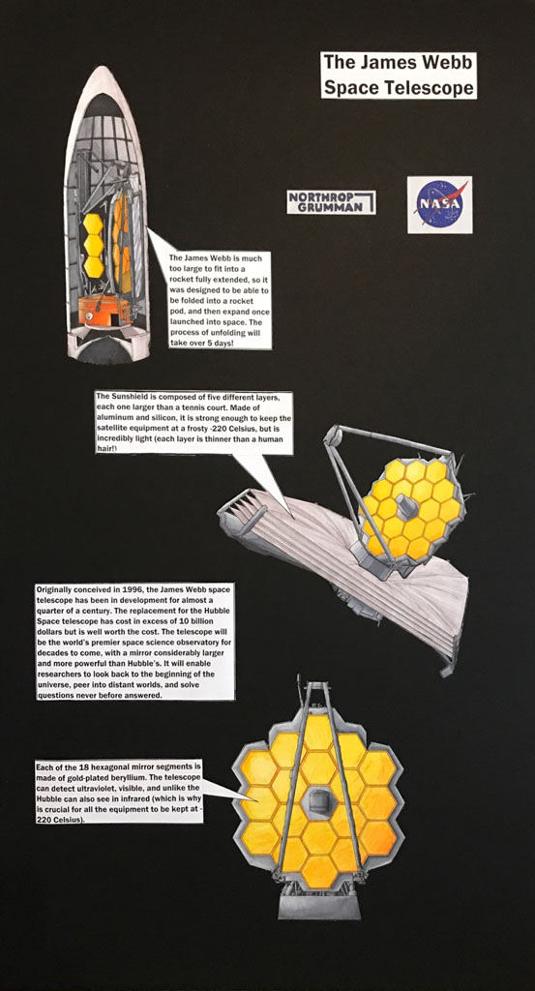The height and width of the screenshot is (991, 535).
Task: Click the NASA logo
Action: point(439,205)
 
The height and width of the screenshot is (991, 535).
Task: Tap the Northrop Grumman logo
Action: point(331,202)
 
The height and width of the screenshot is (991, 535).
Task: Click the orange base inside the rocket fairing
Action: point(104,311)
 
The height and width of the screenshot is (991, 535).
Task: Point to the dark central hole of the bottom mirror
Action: point(316,802)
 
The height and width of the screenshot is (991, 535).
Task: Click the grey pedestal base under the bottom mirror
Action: point(319,906)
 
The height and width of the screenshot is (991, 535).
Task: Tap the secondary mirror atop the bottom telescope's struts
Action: point(317,686)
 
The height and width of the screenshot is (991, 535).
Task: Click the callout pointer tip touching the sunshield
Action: point(291,518)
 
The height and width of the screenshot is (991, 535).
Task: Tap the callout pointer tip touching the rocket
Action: point(148,229)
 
